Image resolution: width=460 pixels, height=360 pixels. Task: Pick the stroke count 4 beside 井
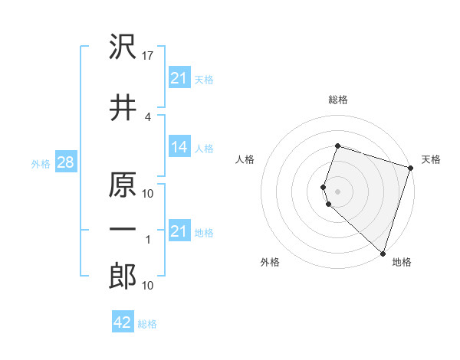coord(147,116)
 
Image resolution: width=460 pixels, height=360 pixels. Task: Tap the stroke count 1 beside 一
coord(147,240)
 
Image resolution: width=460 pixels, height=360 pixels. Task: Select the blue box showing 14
coord(179,147)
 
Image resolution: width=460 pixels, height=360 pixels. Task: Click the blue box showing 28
coord(65,162)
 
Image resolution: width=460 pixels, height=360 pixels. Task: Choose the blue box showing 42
coord(123,322)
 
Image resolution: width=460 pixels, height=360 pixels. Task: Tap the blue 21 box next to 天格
coord(179,78)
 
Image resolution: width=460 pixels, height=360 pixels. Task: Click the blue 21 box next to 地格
coord(179,231)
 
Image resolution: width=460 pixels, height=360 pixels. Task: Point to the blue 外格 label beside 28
coord(41,163)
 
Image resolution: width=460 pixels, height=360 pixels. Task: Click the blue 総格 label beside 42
coord(147,324)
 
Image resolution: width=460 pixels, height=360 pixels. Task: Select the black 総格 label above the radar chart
coord(337,100)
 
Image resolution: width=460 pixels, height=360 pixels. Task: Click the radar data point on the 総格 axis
coord(337,146)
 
